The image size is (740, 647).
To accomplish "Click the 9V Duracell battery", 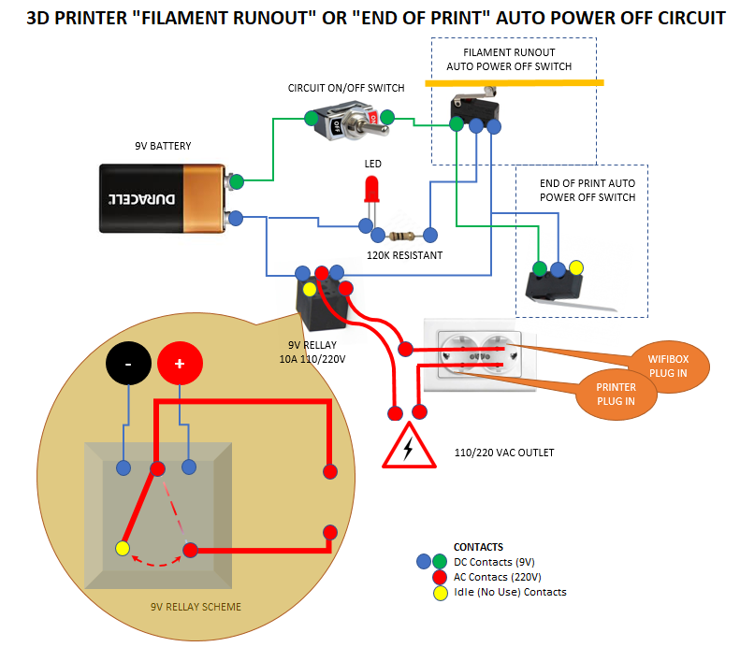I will [163, 197].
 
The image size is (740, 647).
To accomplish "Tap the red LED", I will [372, 190].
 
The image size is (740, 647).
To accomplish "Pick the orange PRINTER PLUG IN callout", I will [617, 394].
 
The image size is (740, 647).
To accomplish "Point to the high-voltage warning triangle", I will [408, 446].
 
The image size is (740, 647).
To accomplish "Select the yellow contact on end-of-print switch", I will [576, 267].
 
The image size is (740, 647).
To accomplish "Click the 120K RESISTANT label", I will [403, 255].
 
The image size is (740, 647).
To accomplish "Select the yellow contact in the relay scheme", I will [123, 548].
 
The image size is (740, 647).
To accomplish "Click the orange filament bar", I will [514, 83].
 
